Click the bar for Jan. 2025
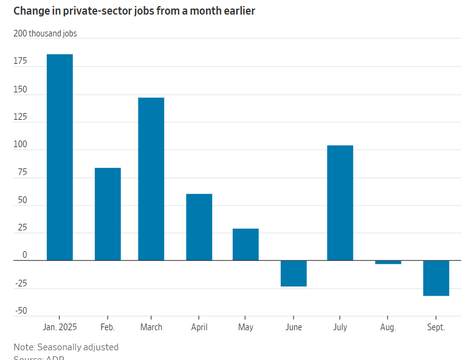click(60, 157)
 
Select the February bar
click(108, 213)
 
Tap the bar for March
click(151, 179)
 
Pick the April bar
click(199, 227)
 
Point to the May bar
click(245, 244)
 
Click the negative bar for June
click(293, 273)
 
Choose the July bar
click(340, 202)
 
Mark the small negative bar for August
click(388, 262)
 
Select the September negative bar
click(436, 278)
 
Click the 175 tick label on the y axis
click(21, 61)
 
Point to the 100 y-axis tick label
click(21, 145)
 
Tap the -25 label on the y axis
click(21, 283)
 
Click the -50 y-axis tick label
click(21, 311)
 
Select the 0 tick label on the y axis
click(25, 255)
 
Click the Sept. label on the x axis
click(436, 327)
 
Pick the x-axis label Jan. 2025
click(60, 327)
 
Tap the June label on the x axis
click(293, 327)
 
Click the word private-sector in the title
click(85, 11)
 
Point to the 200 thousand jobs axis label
click(45, 33)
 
